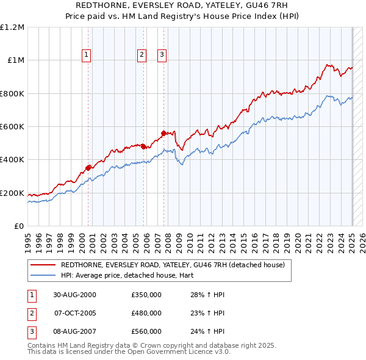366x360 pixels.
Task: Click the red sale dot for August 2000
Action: [x=88, y=167]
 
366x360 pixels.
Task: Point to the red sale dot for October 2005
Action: [x=143, y=146]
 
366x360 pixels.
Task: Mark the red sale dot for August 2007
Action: [x=163, y=132]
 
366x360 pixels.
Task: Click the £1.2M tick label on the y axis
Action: [x=12, y=27]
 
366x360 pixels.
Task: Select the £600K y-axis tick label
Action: [x=12, y=127]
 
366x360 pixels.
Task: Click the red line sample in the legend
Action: [x=44, y=265]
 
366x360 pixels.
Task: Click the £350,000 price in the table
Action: [x=146, y=295]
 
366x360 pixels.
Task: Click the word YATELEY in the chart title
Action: [x=219, y=5]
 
